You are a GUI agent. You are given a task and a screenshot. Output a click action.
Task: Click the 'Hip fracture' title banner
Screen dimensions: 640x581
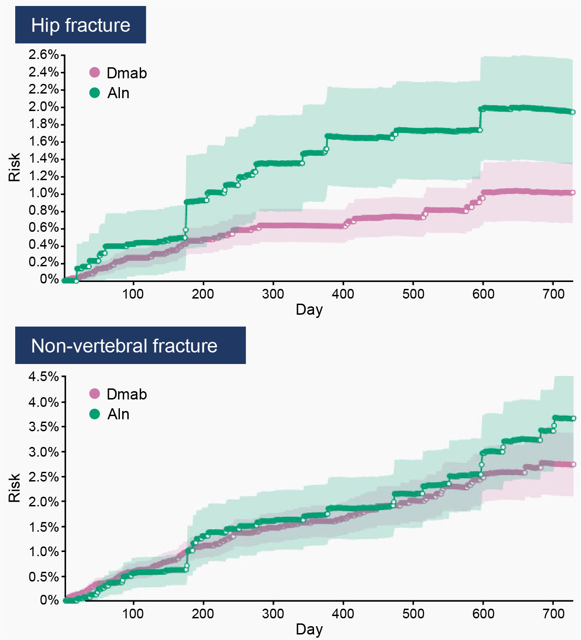pyautogui.click(x=81, y=25)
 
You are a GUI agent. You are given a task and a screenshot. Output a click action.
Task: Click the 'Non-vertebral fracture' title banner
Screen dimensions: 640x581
pyautogui.click(x=130, y=346)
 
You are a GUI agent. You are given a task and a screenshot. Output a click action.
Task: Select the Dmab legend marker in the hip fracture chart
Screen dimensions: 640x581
pyautogui.click(x=95, y=72)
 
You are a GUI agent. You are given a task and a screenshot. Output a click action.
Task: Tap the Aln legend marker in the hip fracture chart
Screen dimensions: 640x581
pyautogui.click(x=95, y=93)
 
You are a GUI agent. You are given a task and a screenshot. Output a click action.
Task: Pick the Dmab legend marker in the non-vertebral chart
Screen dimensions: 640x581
pyautogui.click(x=95, y=393)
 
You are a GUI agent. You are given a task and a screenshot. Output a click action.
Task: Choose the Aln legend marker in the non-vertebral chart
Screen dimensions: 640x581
pyautogui.click(x=95, y=414)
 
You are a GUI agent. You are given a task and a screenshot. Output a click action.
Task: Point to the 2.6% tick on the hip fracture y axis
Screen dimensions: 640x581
pyautogui.click(x=44, y=55)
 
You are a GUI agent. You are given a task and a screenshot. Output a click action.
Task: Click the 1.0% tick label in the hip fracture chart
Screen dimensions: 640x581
pyautogui.click(x=44, y=193)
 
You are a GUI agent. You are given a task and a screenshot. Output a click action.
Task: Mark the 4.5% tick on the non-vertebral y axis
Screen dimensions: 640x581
pyautogui.click(x=44, y=376)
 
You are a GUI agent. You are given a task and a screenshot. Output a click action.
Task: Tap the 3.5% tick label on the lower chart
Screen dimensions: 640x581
pyautogui.click(x=44, y=427)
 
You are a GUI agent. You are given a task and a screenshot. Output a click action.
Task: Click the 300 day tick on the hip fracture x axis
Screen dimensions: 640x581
pyautogui.click(x=273, y=294)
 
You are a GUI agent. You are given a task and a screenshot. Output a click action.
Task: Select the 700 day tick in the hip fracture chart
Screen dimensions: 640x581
pyautogui.click(x=553, y=294)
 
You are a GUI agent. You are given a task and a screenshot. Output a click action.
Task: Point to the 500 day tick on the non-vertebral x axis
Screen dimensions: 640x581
pyautogui.click(x=413, y=613)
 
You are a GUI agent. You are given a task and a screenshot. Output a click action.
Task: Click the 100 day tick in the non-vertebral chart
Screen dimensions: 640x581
pyautogui.click(x=133, y=613)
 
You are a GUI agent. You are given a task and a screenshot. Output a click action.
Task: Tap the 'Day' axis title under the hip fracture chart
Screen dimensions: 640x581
pyautogui.click(x=309, y=309)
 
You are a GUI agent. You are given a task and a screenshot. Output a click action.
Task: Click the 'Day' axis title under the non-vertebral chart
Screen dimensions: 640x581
pyautogui.click(x=309, y=629)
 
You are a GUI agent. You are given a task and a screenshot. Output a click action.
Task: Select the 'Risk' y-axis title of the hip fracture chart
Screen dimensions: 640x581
pyautogui.click(x=14, y=167)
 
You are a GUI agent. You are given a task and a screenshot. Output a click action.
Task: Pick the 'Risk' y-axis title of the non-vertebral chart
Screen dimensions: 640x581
pyautogui.click(x=14, y=487)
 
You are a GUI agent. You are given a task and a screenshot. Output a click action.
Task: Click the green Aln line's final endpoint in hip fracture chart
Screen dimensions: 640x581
pyautogui.click(x=573, y=112)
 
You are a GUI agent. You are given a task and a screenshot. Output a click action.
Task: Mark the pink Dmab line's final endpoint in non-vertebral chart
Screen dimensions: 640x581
pyautogui.click(x=573, y=464)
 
